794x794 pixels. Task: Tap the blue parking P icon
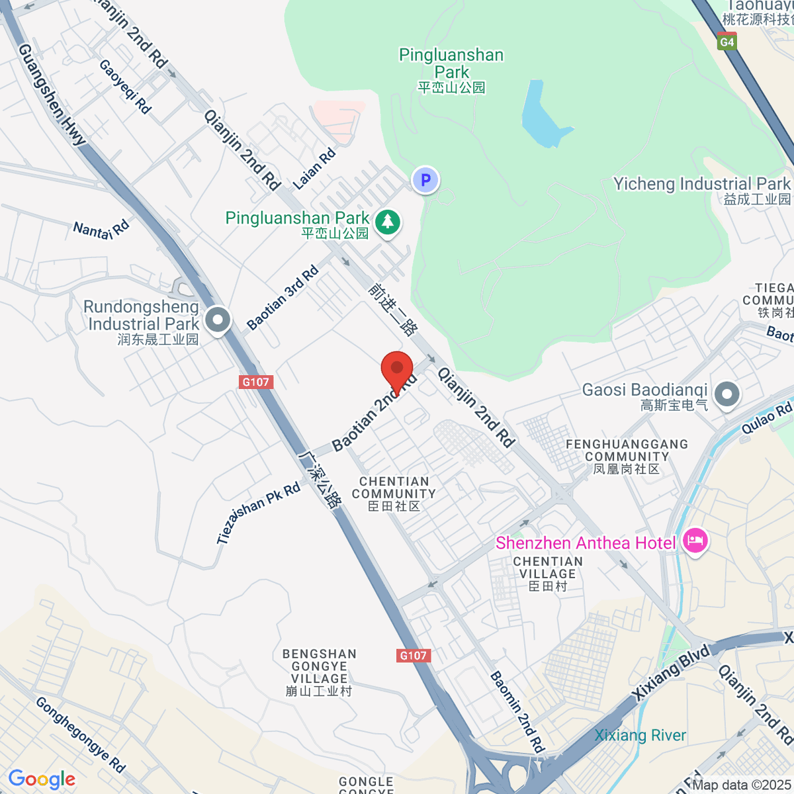coord(425,179)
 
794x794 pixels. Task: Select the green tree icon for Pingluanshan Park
coord(388,222)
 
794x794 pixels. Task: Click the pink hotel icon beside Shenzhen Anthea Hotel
coord(695,541)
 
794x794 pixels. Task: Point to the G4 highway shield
coord(727,42)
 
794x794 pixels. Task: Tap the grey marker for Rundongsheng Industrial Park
coord(217,320)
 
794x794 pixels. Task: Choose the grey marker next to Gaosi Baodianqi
coord(727,395)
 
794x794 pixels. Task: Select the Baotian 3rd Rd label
coord(283,298)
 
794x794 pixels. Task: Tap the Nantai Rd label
coord(101,230)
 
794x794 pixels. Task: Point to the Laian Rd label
coord(314,169)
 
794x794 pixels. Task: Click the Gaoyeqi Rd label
coord(125,86)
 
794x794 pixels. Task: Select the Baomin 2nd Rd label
coord(517,711)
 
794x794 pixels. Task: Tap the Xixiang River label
coord(640,735)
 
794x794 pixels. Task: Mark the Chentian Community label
coord(394,494)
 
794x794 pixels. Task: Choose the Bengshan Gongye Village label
coord(319,672)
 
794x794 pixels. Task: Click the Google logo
coord(42,779)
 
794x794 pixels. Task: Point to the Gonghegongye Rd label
coord(80,734)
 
